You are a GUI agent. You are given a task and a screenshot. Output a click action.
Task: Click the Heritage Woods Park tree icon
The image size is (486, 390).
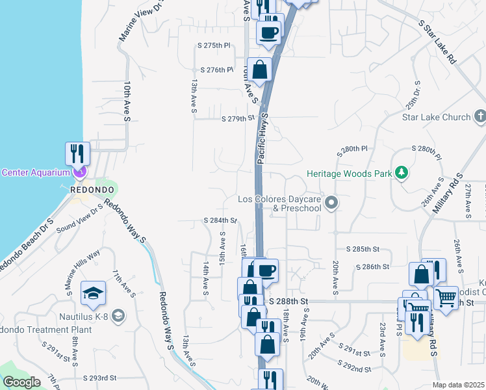[x=402, y=173]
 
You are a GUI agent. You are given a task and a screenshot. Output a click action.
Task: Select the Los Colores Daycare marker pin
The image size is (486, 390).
[x=331, y=203]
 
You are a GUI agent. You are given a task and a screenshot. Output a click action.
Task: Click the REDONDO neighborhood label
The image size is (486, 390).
[x=93, y=189]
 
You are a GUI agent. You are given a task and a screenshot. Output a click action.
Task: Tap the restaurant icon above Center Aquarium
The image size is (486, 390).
[x=77, y=153]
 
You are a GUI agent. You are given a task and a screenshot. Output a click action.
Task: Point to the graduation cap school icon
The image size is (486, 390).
[x=93, y=292]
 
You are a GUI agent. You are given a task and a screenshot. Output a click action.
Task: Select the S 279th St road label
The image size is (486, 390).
[x=238, y=119]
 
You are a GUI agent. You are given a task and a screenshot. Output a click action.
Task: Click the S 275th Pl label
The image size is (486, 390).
[x=214, y=45]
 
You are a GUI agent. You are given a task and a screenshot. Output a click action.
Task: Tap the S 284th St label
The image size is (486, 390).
[x=220, y=221]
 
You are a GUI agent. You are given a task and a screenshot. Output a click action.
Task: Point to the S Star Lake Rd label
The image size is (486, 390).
[x=437, y=41]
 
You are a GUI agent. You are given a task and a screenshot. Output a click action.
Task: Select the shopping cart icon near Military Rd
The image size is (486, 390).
[x=446, y=298]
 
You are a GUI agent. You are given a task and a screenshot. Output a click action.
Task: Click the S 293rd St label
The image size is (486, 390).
[x=99, y=377]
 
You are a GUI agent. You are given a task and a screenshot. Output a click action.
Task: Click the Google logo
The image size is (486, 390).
[x=22, y=382]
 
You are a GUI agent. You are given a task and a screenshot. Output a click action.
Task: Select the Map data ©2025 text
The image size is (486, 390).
[x=459, y=385]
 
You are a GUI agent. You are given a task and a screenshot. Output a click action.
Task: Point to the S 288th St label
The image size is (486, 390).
[x=287, y=302]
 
